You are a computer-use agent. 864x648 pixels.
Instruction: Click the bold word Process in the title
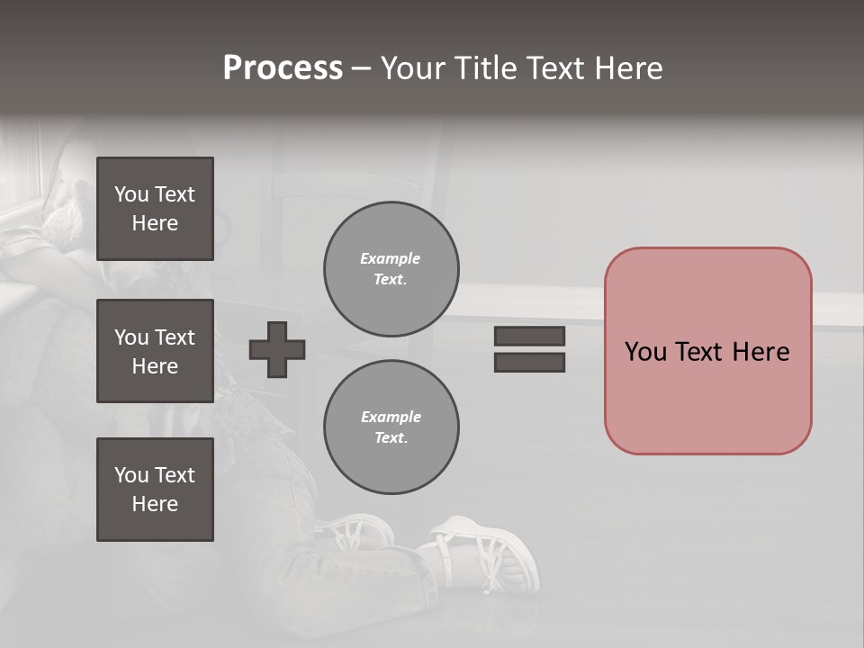coord(283,68)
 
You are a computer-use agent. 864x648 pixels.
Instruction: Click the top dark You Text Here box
coord(155,209)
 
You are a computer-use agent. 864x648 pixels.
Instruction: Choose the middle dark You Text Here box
coord(155,351)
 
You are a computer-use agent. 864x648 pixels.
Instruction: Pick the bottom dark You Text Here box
coord(155,490)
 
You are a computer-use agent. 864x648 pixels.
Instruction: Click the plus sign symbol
coord(277,349)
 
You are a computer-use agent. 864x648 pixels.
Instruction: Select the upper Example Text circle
coord(391,269)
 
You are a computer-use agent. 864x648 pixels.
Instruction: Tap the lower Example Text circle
coord(391,427)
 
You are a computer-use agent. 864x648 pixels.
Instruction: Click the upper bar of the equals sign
coord(529,337)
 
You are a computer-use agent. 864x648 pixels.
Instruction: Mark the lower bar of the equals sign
coord(529,362)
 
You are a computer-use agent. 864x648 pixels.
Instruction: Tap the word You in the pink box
coord(645,352)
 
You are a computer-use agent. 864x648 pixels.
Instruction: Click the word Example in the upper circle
coord(390,258)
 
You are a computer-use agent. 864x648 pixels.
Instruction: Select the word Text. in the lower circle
coord(391,438)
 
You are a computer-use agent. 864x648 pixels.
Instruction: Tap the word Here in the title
coord(628,68)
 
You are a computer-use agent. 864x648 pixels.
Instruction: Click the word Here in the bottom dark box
coord(155,504)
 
